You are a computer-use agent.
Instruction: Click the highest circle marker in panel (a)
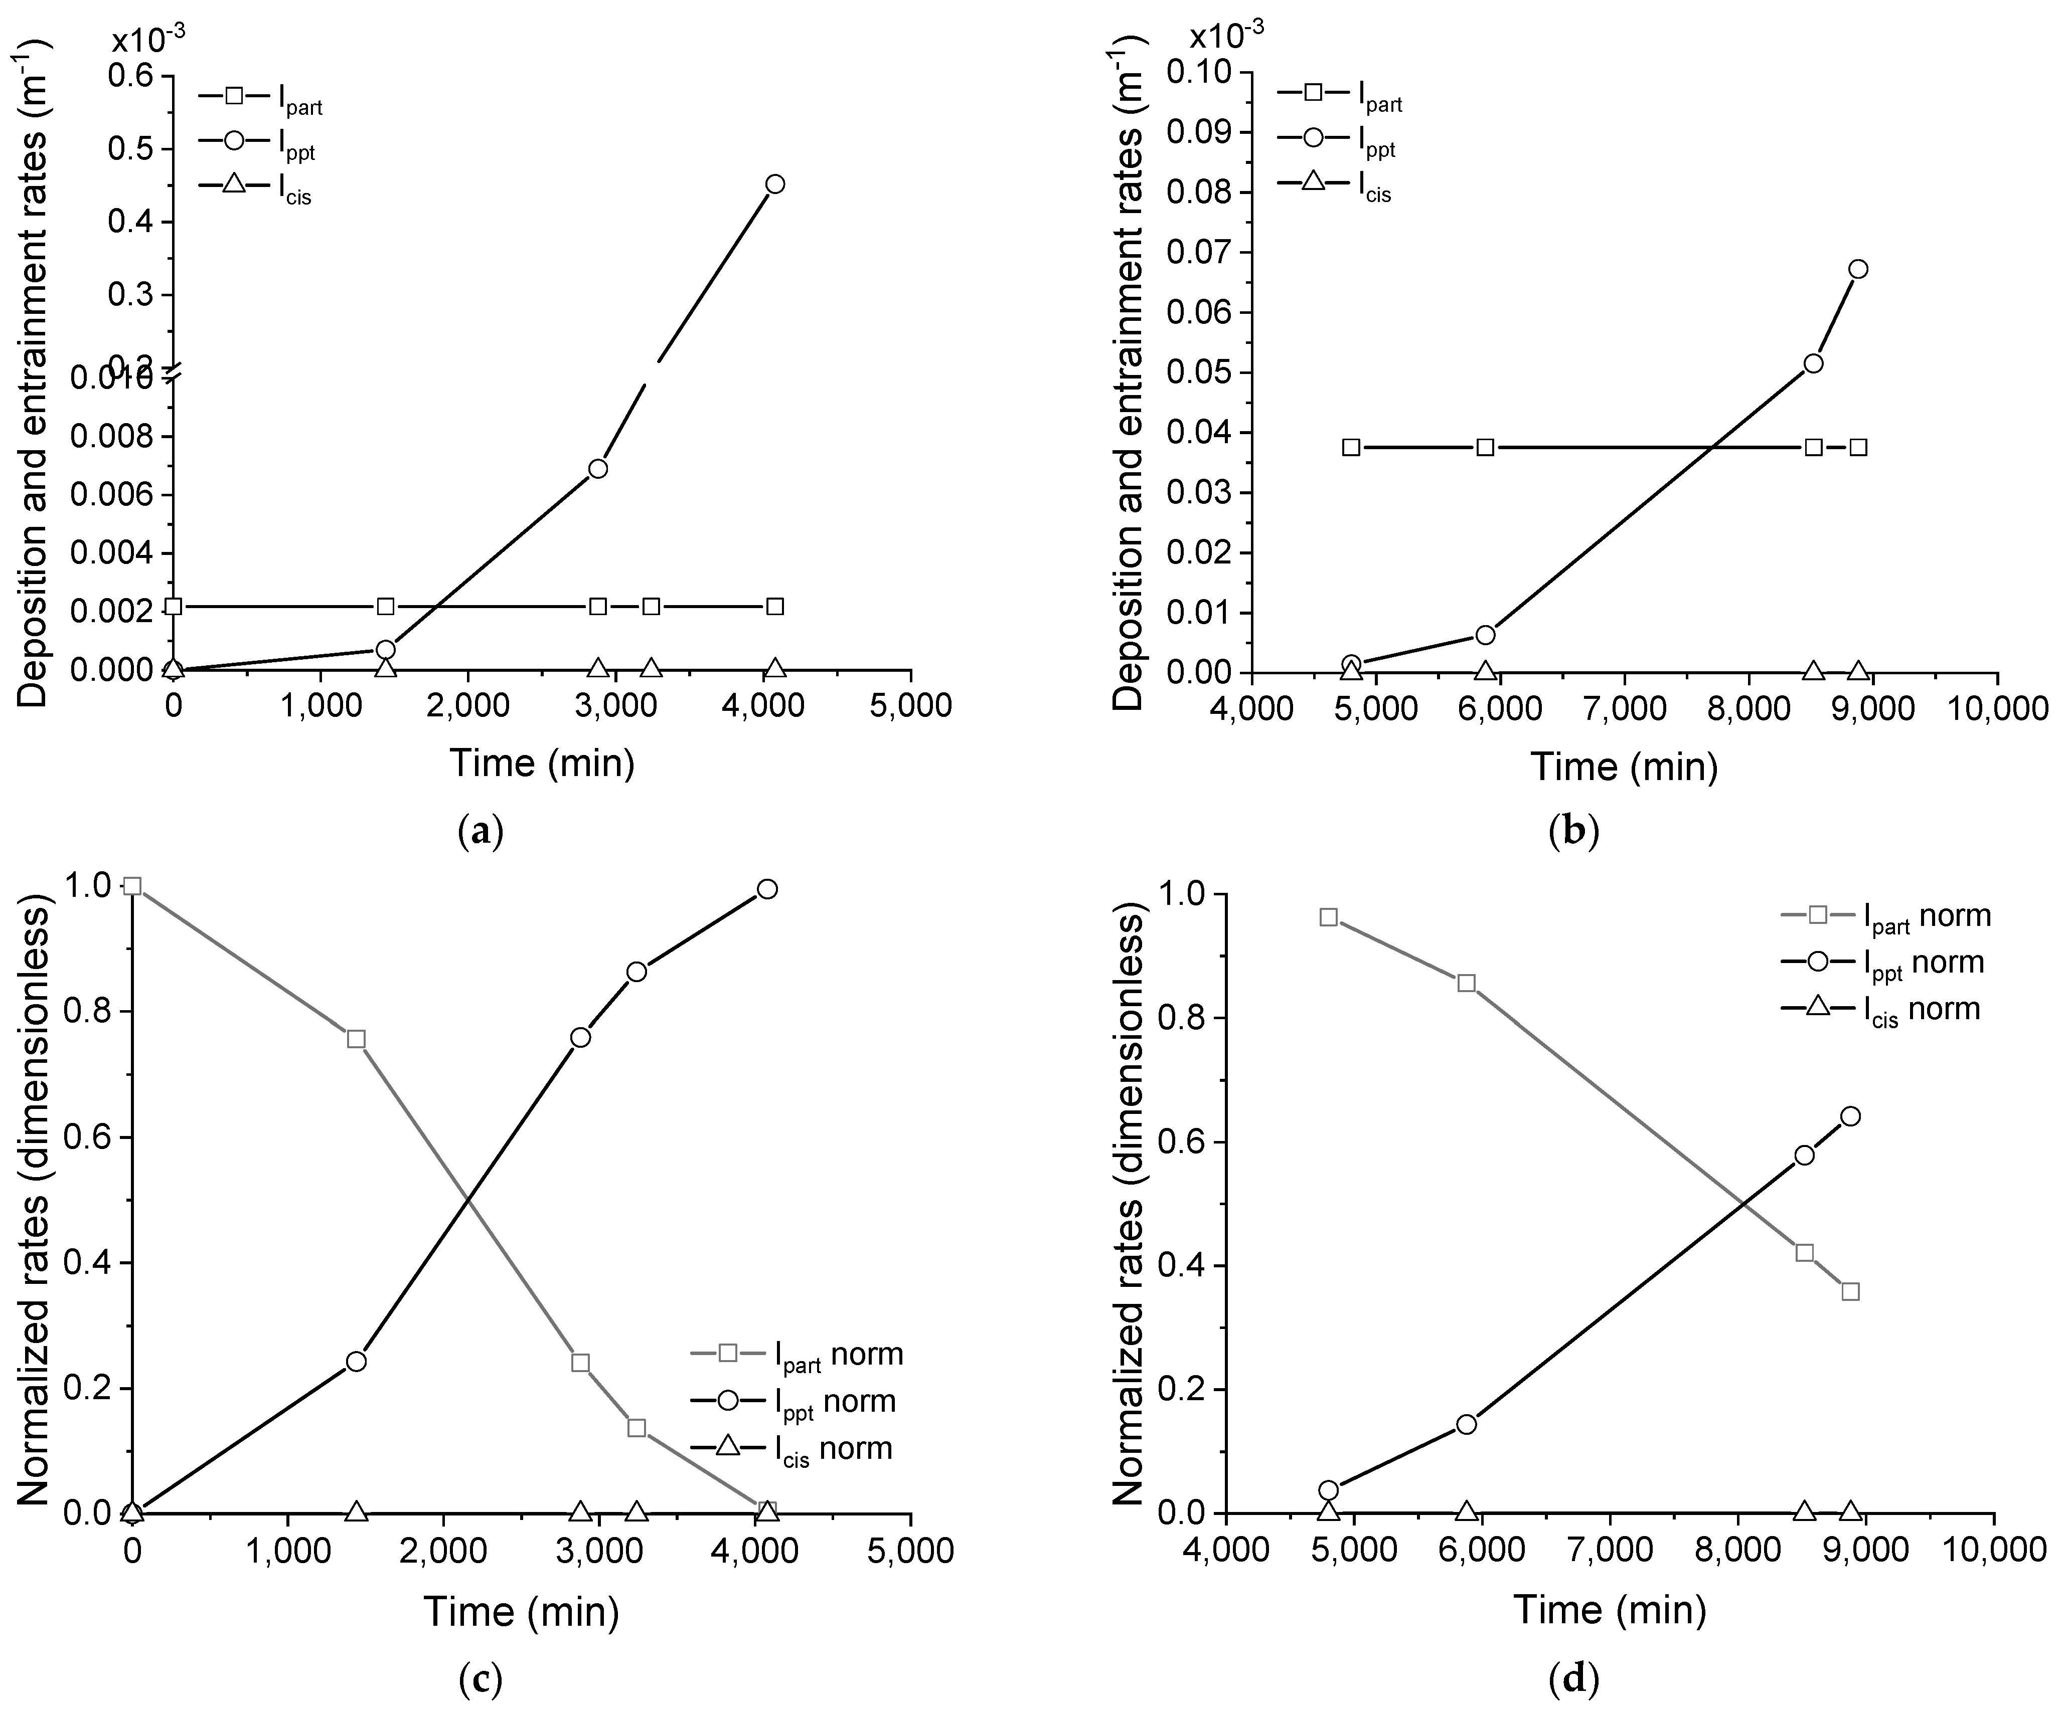coord(775,183)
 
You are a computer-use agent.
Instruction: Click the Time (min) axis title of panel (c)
coord(521,1611)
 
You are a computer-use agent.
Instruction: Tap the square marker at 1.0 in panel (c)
coord(132,886)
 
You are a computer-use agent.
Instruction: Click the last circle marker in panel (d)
coord(1851,1116)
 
